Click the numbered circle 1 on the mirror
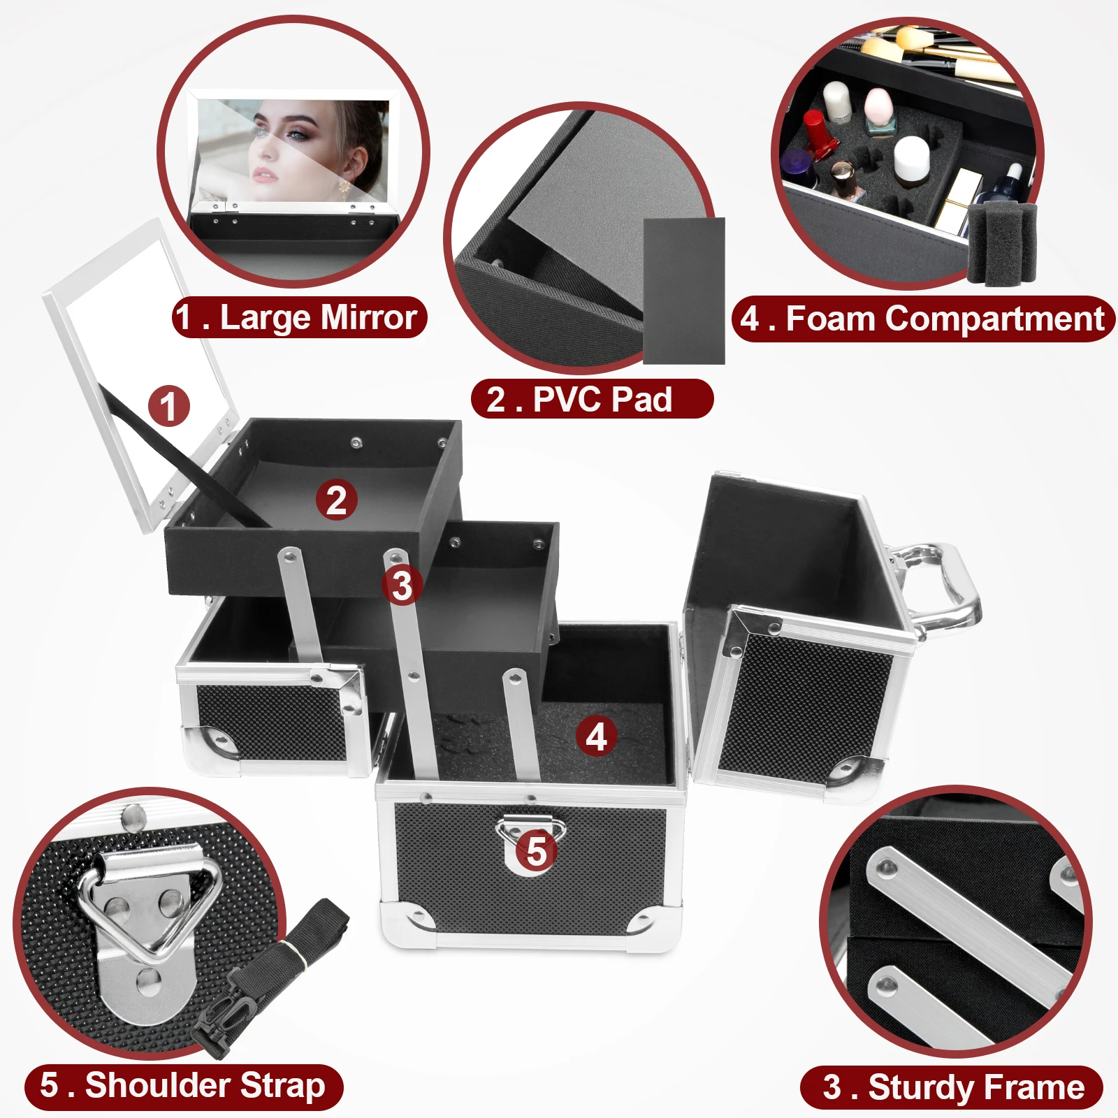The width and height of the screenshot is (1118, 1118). (x=168, y=406)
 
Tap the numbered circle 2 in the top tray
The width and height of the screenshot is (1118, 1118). (x=336, y=500)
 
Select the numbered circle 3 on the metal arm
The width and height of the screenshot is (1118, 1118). (x=402, y=586)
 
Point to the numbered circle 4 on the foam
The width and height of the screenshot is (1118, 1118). (x=596, y=736)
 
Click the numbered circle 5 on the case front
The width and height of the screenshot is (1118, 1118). (x=536, y=852)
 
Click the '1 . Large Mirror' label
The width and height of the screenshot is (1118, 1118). (x=299, y=318)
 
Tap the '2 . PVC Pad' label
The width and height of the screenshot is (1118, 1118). (x=592, y=400)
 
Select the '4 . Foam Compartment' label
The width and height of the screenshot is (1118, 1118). (x=922, y=319)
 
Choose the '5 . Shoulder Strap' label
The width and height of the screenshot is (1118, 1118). (x=183, y=1086)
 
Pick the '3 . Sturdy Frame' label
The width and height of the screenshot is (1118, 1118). (x=952, y=1087)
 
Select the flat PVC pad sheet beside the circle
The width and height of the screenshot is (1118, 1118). (x=683, y=290)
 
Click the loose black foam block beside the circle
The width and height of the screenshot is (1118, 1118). (x=1001, y=242)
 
